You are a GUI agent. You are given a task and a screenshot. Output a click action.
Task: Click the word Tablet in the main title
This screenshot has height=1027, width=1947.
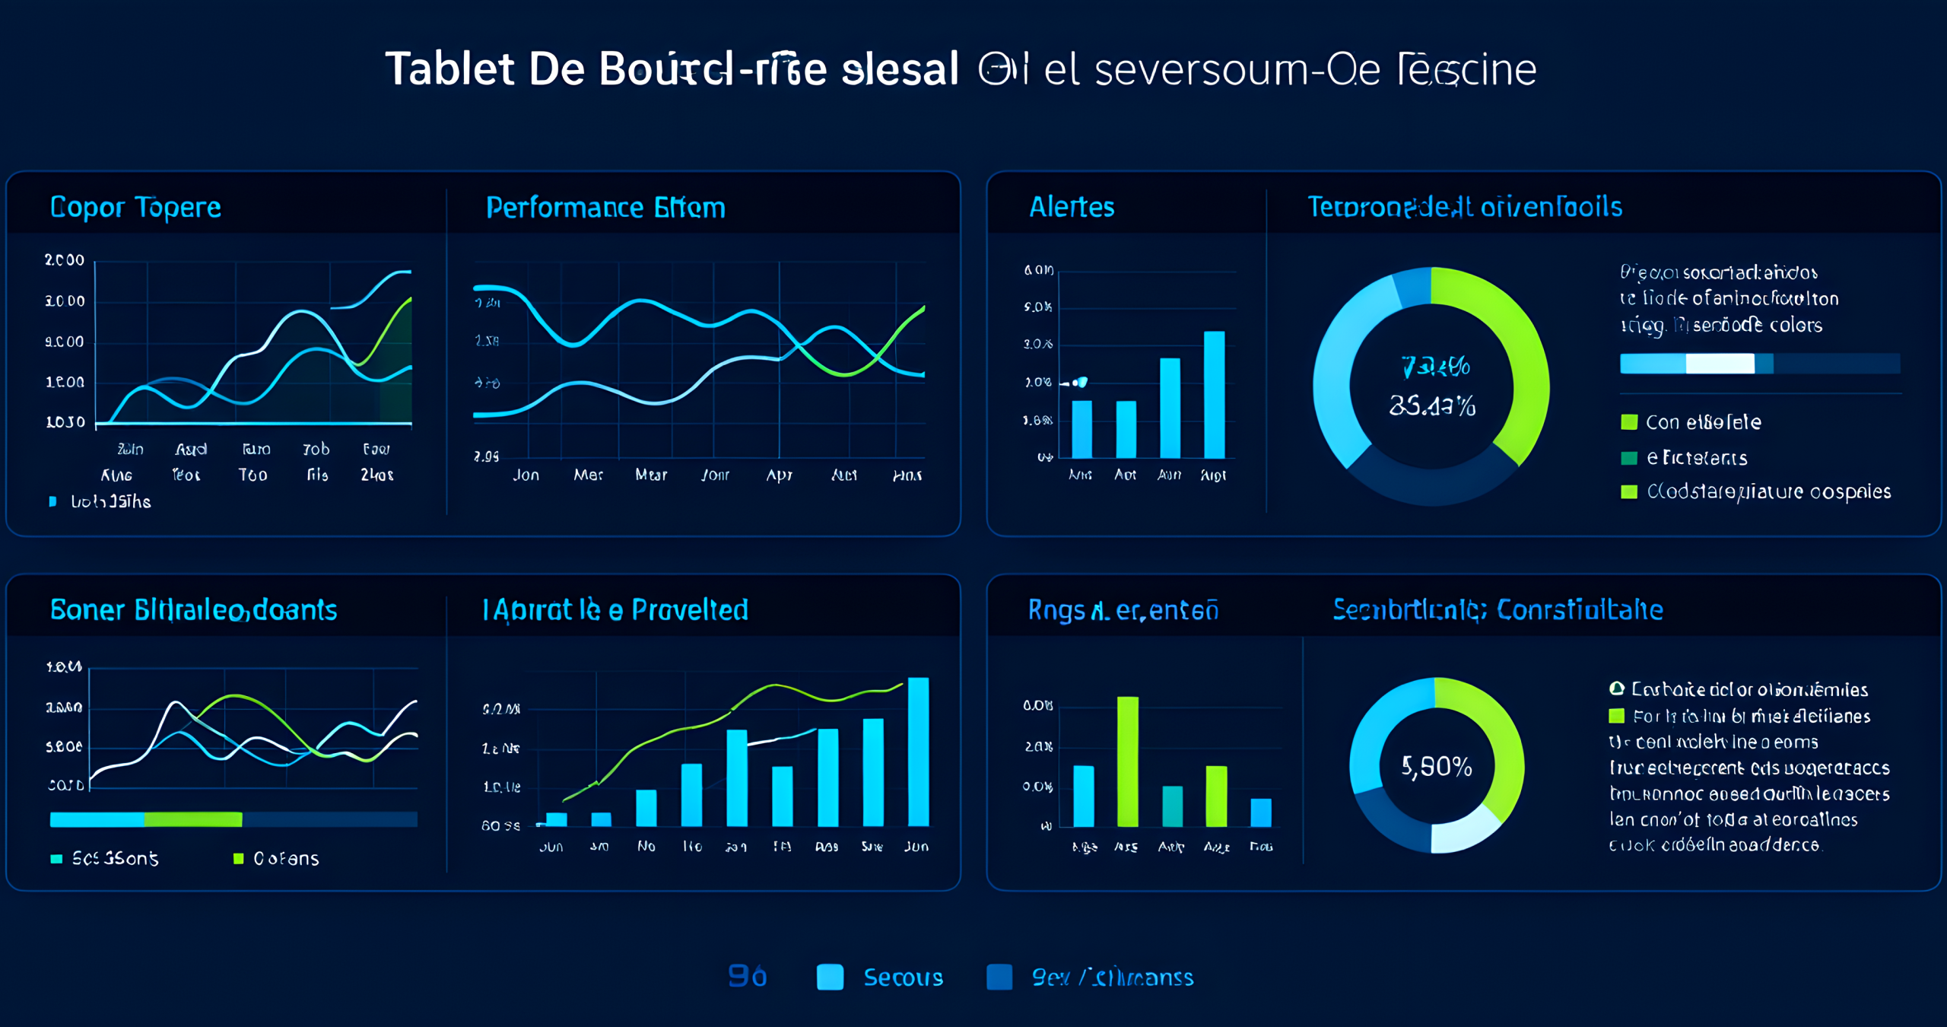450,69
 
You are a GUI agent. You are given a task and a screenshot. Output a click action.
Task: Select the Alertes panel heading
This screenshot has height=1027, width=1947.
1071,207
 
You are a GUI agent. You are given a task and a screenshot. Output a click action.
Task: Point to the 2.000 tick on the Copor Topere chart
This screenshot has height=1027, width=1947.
65,260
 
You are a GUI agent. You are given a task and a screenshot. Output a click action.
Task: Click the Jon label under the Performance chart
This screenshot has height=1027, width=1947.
526,475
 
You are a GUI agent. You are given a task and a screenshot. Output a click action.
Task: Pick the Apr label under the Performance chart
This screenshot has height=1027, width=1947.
779,475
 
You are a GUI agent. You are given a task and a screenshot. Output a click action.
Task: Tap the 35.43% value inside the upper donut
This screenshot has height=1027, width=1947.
1432,406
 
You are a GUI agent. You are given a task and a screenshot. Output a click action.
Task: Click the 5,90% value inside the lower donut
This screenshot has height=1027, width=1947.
1437,766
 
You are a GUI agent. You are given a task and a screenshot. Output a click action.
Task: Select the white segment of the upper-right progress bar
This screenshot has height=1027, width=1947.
1720,364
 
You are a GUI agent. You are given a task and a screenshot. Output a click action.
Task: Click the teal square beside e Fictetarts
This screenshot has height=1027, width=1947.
1629,458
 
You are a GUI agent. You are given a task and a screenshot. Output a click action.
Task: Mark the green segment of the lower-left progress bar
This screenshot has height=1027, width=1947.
193,819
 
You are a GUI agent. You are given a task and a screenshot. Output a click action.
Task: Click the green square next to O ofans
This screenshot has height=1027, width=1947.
238,858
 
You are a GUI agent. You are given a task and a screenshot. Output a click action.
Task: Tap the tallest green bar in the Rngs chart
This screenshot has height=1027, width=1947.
1127,761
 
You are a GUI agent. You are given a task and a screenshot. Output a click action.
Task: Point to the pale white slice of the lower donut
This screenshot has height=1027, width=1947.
1463,831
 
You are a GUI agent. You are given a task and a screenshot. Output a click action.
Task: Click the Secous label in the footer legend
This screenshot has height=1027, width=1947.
903,978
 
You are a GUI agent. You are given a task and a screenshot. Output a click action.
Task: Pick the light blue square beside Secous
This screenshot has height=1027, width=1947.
830,977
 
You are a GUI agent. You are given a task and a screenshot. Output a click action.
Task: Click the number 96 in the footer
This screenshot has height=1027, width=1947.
747,976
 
